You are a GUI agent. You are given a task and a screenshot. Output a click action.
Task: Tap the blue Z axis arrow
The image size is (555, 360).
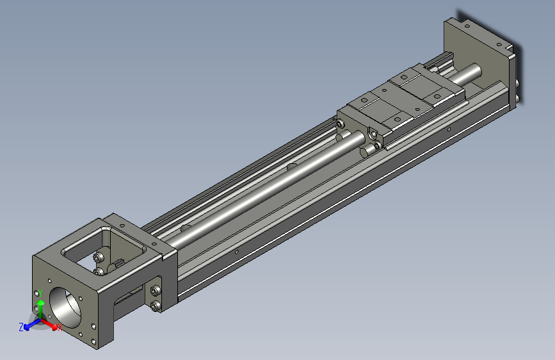29,326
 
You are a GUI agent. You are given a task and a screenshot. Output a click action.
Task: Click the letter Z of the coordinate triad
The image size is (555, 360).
20,327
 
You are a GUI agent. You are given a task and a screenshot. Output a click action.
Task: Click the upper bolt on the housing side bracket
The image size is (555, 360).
156,292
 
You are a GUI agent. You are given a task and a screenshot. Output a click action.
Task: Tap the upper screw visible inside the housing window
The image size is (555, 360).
98,258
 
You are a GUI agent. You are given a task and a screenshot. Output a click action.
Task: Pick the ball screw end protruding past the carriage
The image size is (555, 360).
471,73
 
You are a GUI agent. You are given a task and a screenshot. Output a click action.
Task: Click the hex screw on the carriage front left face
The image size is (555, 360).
372,134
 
